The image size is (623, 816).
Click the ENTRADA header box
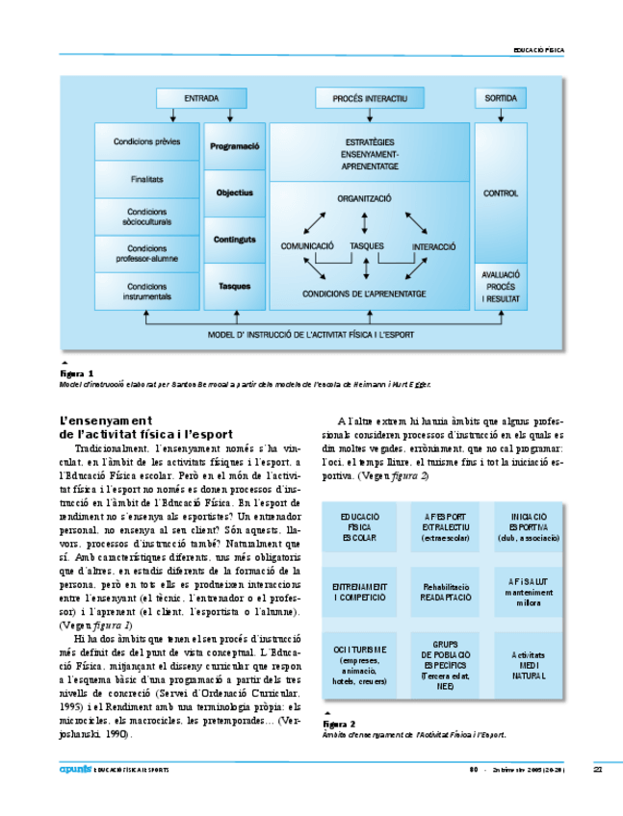tap(201, 98)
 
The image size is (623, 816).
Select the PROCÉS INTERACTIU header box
tap(371, 98)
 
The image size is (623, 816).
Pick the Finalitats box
tap(147, 179)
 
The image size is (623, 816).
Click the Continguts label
tap(235, 240)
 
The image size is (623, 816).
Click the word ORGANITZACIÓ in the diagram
tap(364, 198)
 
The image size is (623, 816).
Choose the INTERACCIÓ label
tap(433, 246)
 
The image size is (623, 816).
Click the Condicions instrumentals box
tap(147, 291)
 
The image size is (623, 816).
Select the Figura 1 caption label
tap(77, 372)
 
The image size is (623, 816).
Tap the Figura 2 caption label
tap(340, 723)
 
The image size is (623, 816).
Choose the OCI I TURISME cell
tap(359, 664)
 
